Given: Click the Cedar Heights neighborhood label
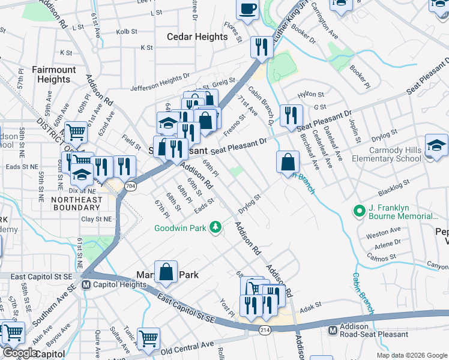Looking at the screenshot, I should pyautogui.click(x=197, y=37).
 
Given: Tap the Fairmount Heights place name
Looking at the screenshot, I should pyautogui.click(x=54, y=74).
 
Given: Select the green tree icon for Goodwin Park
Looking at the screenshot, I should pyautogui.click(x=214, y=227).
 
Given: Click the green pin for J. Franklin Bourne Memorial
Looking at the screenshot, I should pyautogui.click(x=359, y=211).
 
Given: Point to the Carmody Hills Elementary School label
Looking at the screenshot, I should pyautogui.click(x=386, y=154).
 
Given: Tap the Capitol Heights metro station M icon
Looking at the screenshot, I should pyautogui.click(x=86, y=284).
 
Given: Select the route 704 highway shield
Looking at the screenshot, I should pyautogui.click(x=130, y=187).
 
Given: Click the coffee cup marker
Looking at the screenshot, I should pyautogui.click(x=247, y=10).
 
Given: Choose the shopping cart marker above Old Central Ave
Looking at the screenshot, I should pyautogui.click(x=148, y=338).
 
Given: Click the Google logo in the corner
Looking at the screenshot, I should pyautogui.click(x=20, y=353).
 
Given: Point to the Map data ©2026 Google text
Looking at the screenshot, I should pyautogui.click(x=411, y=355).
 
